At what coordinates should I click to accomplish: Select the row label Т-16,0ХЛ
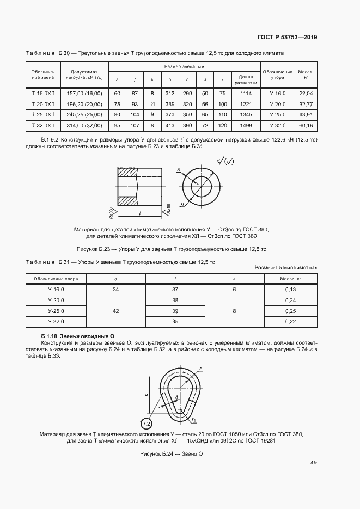click(43, 94)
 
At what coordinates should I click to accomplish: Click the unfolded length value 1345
click(246, 115)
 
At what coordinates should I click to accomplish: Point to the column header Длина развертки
click(246, 80)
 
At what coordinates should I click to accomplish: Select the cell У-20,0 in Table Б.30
click(277, 104)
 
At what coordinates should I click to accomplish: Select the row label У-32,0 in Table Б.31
click(56, 322)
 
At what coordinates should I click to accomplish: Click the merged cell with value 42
click(115, 311)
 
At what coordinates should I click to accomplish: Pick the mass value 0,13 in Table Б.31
click(290, 289)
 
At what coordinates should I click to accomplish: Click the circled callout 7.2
click(147, 424)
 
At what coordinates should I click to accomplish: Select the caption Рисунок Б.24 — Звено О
click(171, 453)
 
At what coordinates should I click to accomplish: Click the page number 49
click(313, 463)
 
